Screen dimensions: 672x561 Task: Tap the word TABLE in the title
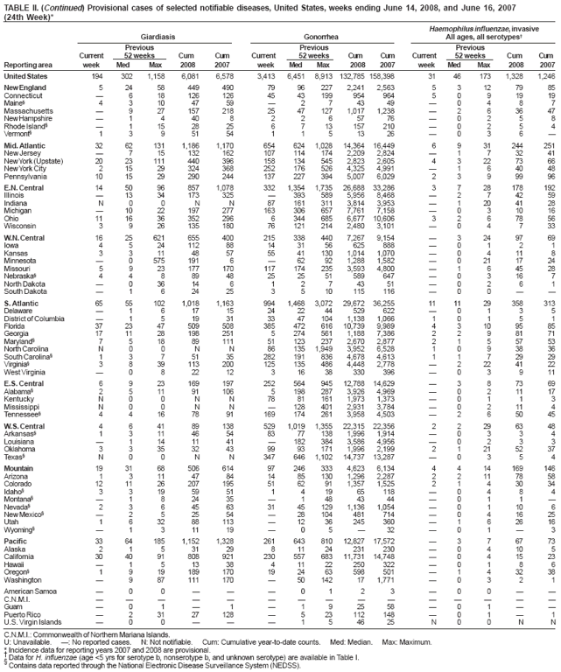click(15, 6)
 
